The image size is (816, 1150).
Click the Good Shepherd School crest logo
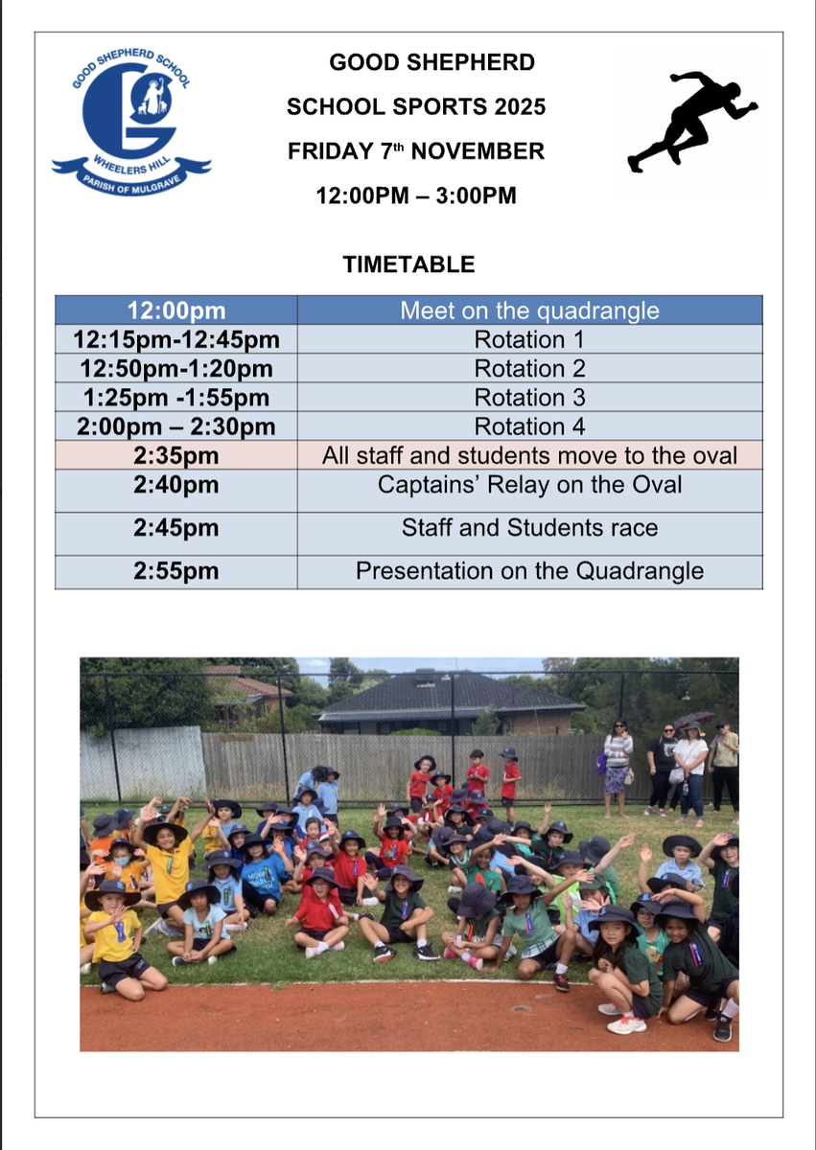[131, 123]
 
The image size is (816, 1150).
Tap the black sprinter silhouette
[692, 121]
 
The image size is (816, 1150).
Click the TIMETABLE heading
[408, 264]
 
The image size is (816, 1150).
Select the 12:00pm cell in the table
[176, 310]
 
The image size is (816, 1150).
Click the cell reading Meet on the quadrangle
[530, 310]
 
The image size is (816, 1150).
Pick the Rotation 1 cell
[530, 339]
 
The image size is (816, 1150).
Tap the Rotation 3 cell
[530, 398]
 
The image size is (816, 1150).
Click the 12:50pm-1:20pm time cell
[176, 368]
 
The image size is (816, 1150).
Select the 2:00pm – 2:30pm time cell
[176, 426]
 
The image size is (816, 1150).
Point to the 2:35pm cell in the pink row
[176, 455]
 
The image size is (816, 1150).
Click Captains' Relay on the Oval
[530, 485]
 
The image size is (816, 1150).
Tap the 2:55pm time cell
[176, 572]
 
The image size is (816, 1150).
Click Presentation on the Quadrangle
[530, 571]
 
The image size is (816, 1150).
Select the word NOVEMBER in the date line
[478, 151]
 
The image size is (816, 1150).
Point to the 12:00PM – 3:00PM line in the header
[416, 195]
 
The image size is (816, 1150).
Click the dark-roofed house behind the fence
[451, 702]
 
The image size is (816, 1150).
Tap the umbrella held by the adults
[694, 719]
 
